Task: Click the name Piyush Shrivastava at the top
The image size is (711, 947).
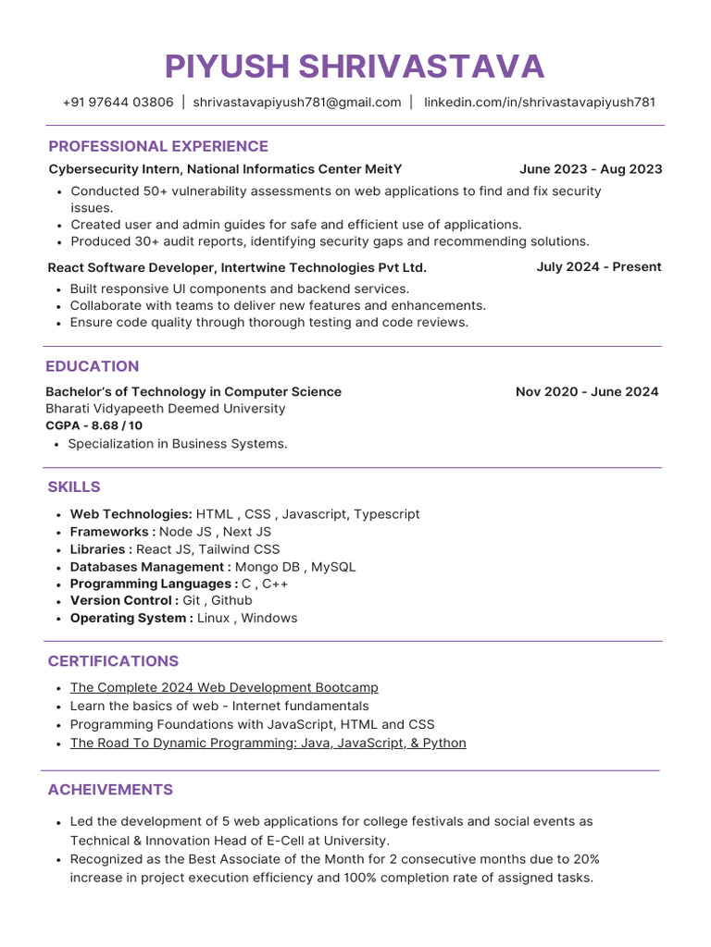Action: point(355,67)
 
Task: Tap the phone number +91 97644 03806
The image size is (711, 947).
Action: point(118,103)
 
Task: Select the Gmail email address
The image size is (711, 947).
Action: point(297,103)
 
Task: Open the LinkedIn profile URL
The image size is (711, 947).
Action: point(540,103)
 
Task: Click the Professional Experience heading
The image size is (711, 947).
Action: point(158,146)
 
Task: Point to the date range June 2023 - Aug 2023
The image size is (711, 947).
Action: point(591,169)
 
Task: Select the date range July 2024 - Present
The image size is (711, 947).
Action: point(599,267)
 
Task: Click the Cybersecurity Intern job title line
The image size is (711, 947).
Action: point(225,169)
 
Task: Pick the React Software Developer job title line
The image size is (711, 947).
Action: point(237,268)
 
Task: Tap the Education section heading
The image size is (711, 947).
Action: point(93,366)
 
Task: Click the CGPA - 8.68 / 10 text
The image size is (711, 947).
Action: point(94,426)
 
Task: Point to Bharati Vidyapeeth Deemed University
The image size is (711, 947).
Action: point(166,409)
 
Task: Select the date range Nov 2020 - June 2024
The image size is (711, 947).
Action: point(587,392)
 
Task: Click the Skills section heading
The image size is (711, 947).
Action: point(74,487)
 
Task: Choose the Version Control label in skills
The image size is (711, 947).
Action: point(124,601)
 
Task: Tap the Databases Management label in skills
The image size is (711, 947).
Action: point(150,567)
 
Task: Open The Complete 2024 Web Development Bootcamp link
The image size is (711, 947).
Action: point(224,688)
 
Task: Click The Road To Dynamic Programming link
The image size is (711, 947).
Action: point(268,744)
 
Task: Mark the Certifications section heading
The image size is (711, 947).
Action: point(113,661)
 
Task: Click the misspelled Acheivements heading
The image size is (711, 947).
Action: point(110,790)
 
